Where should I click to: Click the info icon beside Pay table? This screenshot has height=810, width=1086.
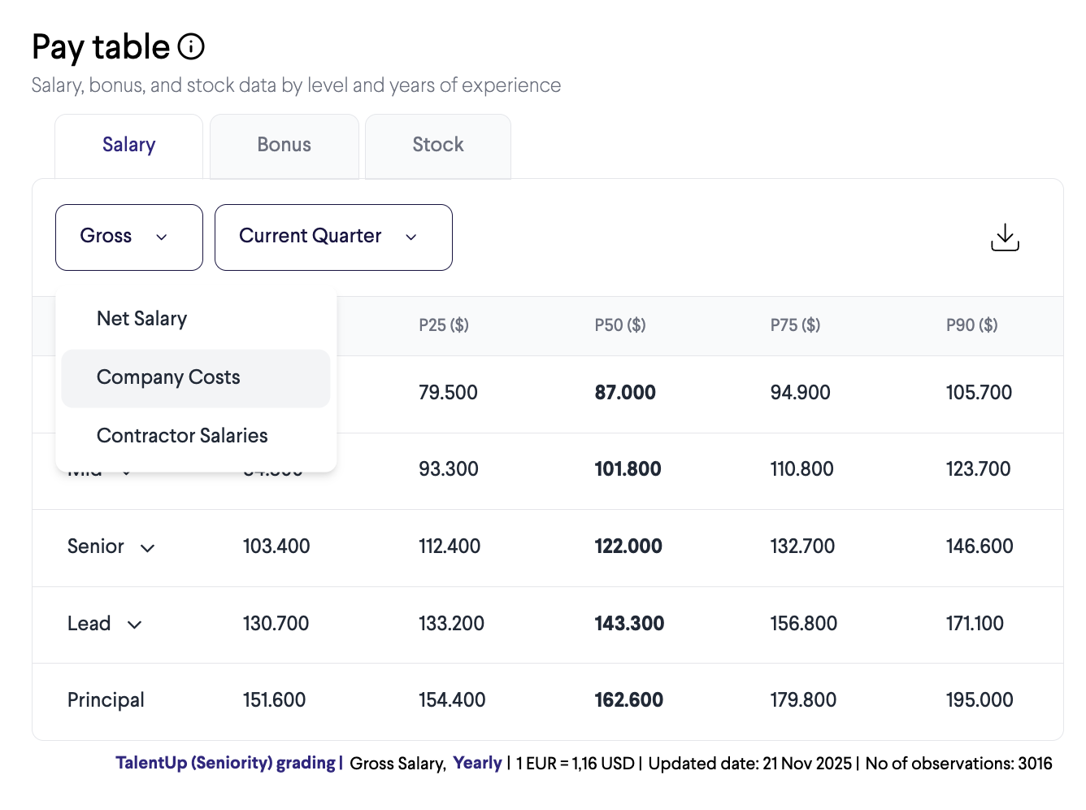191,47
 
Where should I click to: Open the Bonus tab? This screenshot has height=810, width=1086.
284,145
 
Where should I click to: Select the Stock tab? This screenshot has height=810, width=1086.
437,145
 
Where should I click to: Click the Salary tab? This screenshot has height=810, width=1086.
128,145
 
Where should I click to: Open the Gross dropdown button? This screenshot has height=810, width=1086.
128,237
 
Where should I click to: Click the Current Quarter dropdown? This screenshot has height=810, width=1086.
332,237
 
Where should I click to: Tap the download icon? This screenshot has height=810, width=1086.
1005,237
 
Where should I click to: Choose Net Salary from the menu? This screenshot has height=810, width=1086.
142,319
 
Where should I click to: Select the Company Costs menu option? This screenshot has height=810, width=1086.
168,377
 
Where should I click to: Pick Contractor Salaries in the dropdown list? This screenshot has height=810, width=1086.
182,436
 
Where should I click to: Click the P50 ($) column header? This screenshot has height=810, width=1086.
619,325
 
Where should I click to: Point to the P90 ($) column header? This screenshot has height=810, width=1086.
971,325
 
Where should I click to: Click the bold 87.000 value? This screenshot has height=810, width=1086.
625,393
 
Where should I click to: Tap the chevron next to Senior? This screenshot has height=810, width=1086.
147,548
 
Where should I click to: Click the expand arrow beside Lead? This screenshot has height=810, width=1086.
135,625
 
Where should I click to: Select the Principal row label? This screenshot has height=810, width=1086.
106,700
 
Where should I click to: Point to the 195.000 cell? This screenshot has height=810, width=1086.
979,700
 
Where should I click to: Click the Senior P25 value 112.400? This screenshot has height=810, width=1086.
450,547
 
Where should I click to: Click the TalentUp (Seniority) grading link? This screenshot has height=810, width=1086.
226,764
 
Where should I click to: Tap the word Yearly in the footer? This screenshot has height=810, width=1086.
477,764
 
